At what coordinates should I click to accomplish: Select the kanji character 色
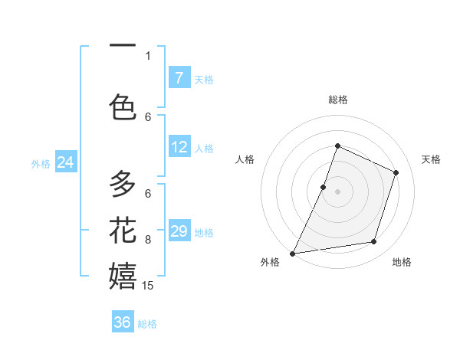pyautogui.click(x=123, y=106)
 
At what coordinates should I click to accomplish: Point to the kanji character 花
pyautogui.click(x=123, y=230)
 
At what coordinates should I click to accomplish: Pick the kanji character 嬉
pyautogui.click(x=123, y=275)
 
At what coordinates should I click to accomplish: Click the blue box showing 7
pyautogui.click(x=179, y=77)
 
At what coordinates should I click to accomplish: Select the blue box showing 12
pyautogui.click(x=179, y=147)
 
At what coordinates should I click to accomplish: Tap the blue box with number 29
pyautogui.click(x=179, y=231)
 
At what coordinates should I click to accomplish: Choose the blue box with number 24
pyautogui.click(x=66, y=162)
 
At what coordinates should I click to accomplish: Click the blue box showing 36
pyautogui.click(x=123, y=322)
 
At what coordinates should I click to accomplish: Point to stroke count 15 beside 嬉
pyautogui.click(x=149, y=286)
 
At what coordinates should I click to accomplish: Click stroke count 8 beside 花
pyautogui.click(x=148, y=240)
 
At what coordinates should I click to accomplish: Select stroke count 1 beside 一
pyautogui.click(x=148, y=55)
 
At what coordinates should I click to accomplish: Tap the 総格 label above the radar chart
pyautogui.click(x=337, y=100)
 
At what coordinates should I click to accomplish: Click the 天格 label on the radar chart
pyautogui.click(x=431, y=159)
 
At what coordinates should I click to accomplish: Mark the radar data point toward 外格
pyautogui.click(x=292, y=253)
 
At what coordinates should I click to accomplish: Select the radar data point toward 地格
pyautogui.click(x=374, y=242)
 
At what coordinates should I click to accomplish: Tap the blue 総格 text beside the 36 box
pyautogui.click(x=147, y=324)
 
